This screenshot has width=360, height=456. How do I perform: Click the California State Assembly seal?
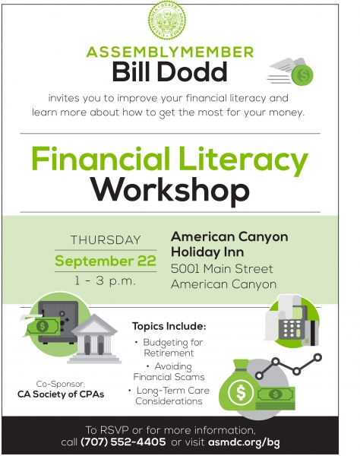tap(167, 20)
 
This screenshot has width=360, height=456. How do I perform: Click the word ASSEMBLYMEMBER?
tap(170, 52)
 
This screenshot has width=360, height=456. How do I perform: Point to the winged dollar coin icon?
tap(291, 71)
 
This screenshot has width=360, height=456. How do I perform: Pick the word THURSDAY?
tap(106, 240)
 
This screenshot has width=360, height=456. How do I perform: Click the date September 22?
tap(106, 261)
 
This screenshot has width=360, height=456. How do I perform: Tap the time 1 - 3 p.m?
tap(105, 281)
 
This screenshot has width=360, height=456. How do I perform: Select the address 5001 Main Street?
tap(222, 269)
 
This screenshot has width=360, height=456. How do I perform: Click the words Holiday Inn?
tap(207, 252)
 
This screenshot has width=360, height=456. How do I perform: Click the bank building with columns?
tap(94, 340)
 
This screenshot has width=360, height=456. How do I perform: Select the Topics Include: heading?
tap(169, 326)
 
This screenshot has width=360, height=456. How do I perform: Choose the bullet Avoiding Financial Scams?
tap(169, 372)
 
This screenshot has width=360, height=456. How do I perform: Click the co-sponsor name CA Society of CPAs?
tap(61, 394)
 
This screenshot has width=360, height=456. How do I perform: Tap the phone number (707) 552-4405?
tap(123, 442)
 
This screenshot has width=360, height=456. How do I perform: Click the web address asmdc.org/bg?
tap(244, 442)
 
